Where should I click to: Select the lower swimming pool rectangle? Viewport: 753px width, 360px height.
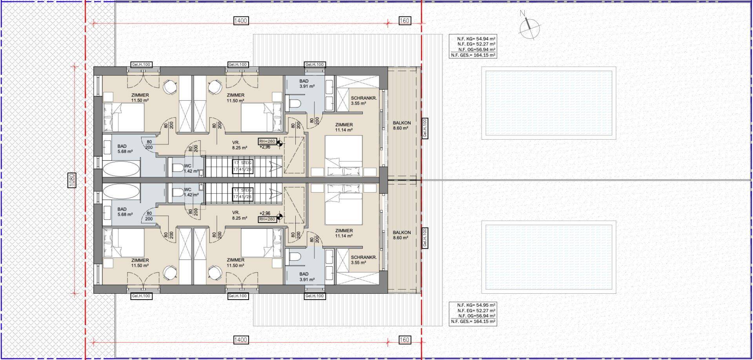549,257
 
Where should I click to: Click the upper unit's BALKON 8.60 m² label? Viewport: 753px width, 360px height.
402,125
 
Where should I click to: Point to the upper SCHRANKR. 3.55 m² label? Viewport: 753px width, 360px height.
364,101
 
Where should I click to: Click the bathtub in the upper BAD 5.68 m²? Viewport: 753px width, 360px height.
121,170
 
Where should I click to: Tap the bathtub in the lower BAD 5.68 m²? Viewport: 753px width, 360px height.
121,192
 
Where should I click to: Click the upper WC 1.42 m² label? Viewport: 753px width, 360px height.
187,169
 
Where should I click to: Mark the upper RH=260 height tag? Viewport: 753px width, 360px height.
267,141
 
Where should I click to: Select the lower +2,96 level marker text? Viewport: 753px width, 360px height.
265,214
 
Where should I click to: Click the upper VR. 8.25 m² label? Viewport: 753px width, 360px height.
239,145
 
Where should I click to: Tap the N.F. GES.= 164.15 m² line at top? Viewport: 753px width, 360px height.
473,55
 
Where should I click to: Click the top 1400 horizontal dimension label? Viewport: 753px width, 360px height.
240,20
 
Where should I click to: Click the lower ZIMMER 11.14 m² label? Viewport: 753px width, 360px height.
344,233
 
